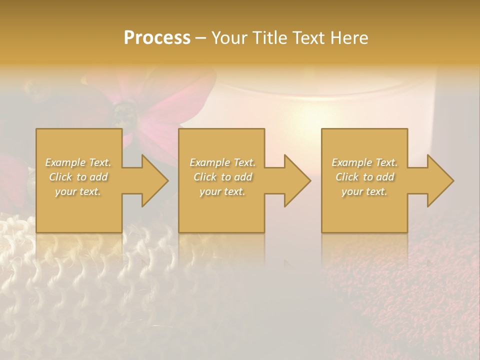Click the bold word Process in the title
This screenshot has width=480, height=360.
coord(157,37)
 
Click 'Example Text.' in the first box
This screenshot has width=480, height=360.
coord(78,162)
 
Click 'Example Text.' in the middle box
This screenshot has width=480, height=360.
coord(222,162)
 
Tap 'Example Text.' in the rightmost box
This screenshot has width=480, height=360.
coord(364,162)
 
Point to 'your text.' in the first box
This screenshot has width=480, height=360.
coord(78,191)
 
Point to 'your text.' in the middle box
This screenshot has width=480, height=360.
coord(222,191)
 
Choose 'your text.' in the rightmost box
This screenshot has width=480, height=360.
coord(364,191)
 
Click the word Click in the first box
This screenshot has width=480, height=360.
coord(60,177)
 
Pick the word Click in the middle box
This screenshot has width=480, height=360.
coord(205,177)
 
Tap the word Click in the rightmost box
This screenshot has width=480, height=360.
coord(347,177)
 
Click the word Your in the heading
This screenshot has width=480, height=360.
coord(228,38)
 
